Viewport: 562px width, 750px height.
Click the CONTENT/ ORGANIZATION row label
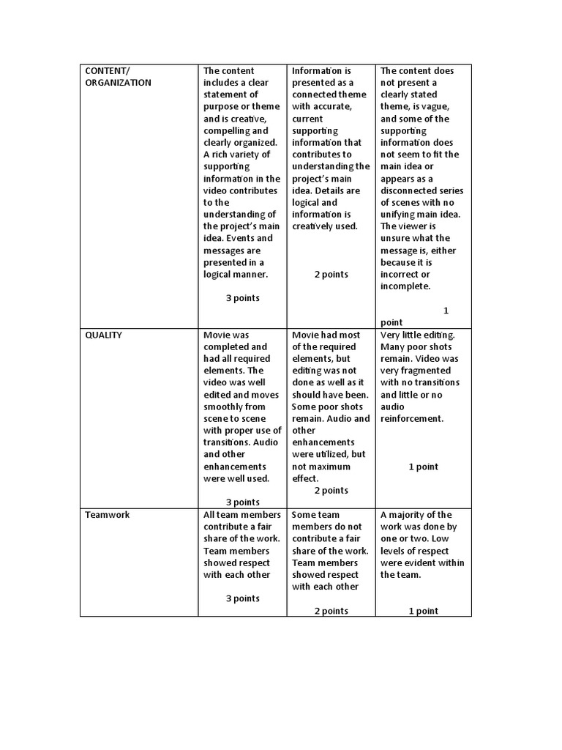pos(118,77)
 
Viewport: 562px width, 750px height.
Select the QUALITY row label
pos(104,335)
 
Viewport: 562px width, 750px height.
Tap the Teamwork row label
pos(108,515)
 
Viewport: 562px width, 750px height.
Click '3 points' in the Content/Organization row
pos(242,298)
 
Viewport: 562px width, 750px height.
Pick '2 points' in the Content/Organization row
pos(331,275)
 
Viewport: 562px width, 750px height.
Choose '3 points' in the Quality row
pos(242,502)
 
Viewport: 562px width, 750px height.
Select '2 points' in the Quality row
pos(331,491)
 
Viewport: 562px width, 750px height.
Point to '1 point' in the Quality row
pos(423,467)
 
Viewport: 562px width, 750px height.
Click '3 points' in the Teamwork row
pos(242,598)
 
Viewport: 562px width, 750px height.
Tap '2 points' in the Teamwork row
pos(331,611)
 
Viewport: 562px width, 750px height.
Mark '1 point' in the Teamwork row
pos(423,611)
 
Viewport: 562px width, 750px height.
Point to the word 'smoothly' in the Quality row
pos(224,406)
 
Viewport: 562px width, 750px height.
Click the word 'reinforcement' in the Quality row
pos(411,419)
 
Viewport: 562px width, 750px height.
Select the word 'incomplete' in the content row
pos(405,286)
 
